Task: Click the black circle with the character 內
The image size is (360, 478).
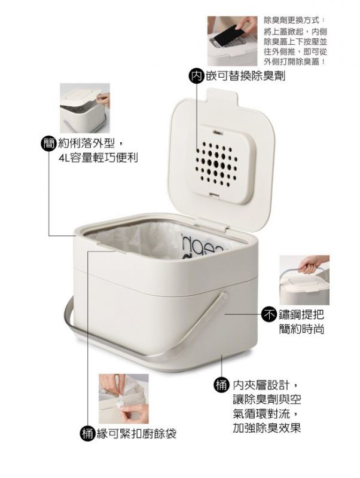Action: tap(196, 76)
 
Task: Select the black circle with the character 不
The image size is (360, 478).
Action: tap(269, 315)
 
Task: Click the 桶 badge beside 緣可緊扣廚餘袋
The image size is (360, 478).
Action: tap(87, 434)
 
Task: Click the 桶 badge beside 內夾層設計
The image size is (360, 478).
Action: tap(221, 385)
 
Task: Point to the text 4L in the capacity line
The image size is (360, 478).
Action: tap(64, 158)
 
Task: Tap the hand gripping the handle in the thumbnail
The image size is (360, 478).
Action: tap(310, 264)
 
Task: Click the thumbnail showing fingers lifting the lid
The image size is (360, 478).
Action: tap(85, 108)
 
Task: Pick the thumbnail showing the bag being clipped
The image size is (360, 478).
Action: tap(124, 399)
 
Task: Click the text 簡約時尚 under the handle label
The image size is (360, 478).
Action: tap(301, 329)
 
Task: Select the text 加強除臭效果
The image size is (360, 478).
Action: tap(267, 427)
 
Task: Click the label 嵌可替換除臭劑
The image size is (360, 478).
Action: tap(246, 76)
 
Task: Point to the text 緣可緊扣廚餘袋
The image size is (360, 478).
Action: tap(136, 434)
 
